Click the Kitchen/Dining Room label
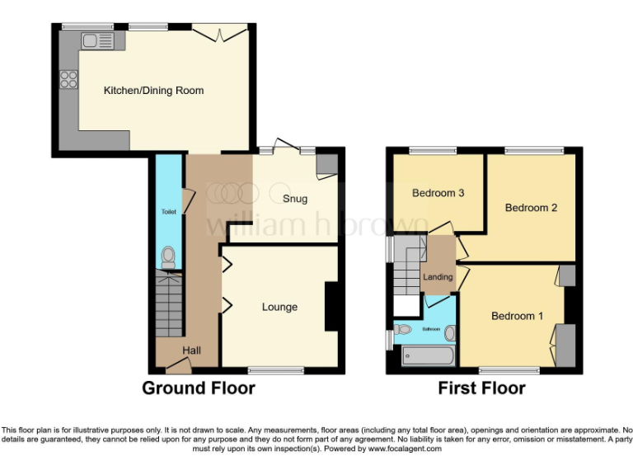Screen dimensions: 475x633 click(153, 90)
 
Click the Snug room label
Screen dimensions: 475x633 click(294, 198)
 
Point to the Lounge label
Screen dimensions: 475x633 click(279, 307)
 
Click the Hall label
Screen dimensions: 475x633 click(192, 350)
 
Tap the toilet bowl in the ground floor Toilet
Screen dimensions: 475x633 click(169, 257)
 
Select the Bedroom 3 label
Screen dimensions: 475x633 click(438, 193)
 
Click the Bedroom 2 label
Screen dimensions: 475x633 click(531, 208)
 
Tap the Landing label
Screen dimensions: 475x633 click(438, 277)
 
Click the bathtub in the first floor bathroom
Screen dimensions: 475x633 click(427, 356)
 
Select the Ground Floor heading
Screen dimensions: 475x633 click(199, 388)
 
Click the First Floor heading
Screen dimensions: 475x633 click(482, 388)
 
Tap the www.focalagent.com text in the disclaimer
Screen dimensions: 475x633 click(405, 449)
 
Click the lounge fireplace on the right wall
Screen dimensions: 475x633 click(331, 307)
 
